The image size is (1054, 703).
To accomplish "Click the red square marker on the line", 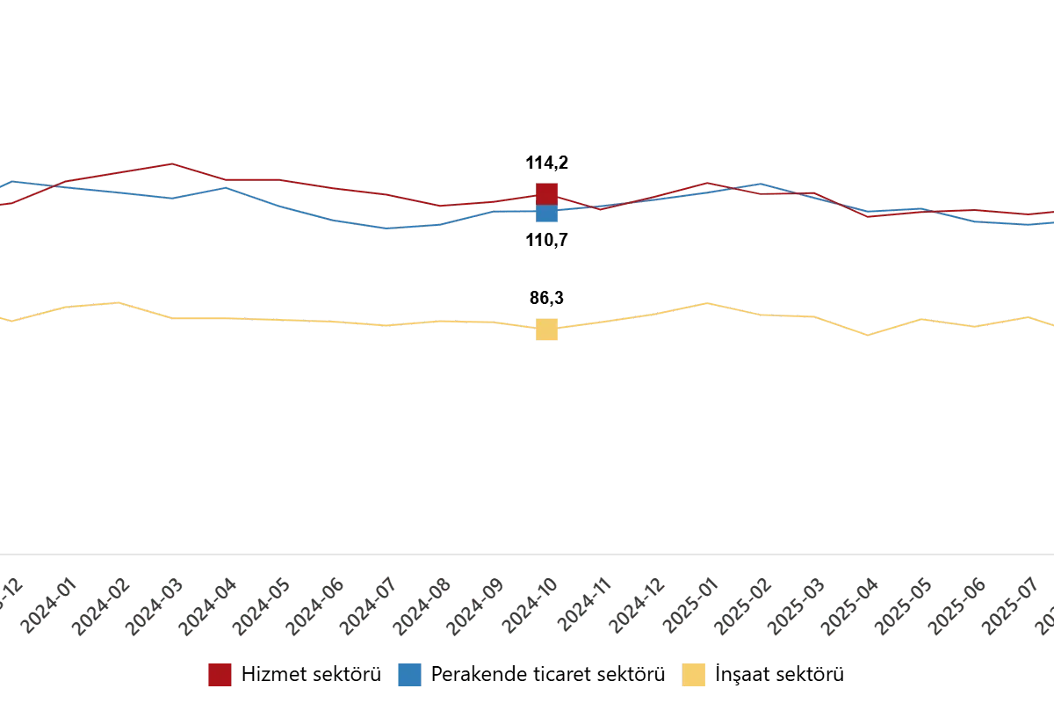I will click(x=546, y=193).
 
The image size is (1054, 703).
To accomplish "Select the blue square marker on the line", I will click(x=546, y=213).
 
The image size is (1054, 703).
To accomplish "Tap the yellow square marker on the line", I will click(x=547, y=330).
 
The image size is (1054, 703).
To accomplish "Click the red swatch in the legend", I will click(x=219, y=675).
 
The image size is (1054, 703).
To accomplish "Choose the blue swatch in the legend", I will click(x=408, y=675).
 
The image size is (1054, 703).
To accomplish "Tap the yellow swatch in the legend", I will click(x=695, y=675).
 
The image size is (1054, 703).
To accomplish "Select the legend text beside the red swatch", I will click(x=314, y=675).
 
